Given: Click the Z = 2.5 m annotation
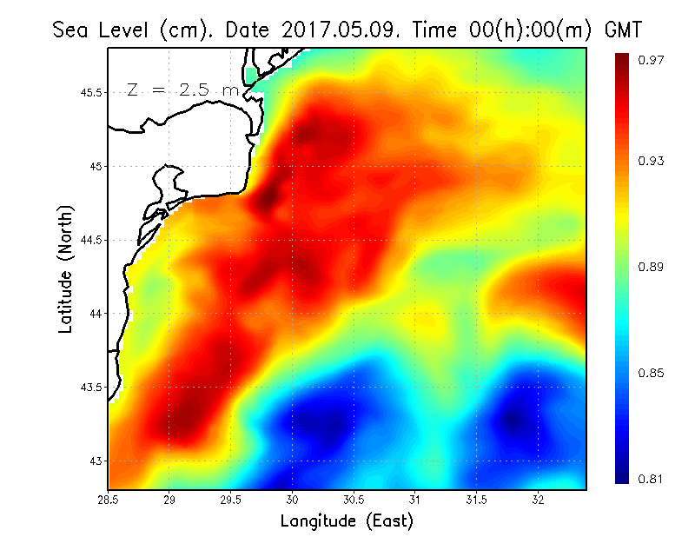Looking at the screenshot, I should pyautogui.click(x=182, y=89).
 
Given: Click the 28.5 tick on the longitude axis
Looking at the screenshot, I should pyautogui.click(x=108, y=501).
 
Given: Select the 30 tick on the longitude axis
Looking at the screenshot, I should pyautogui.click(x=293, y=501).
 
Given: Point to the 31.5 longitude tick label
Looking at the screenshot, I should pyautogui.click(x=477, y=501).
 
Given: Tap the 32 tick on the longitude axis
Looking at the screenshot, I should pyautogui.click(x=539, y=501).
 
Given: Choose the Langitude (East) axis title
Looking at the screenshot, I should pyautogui.click(x=347, y=521).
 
